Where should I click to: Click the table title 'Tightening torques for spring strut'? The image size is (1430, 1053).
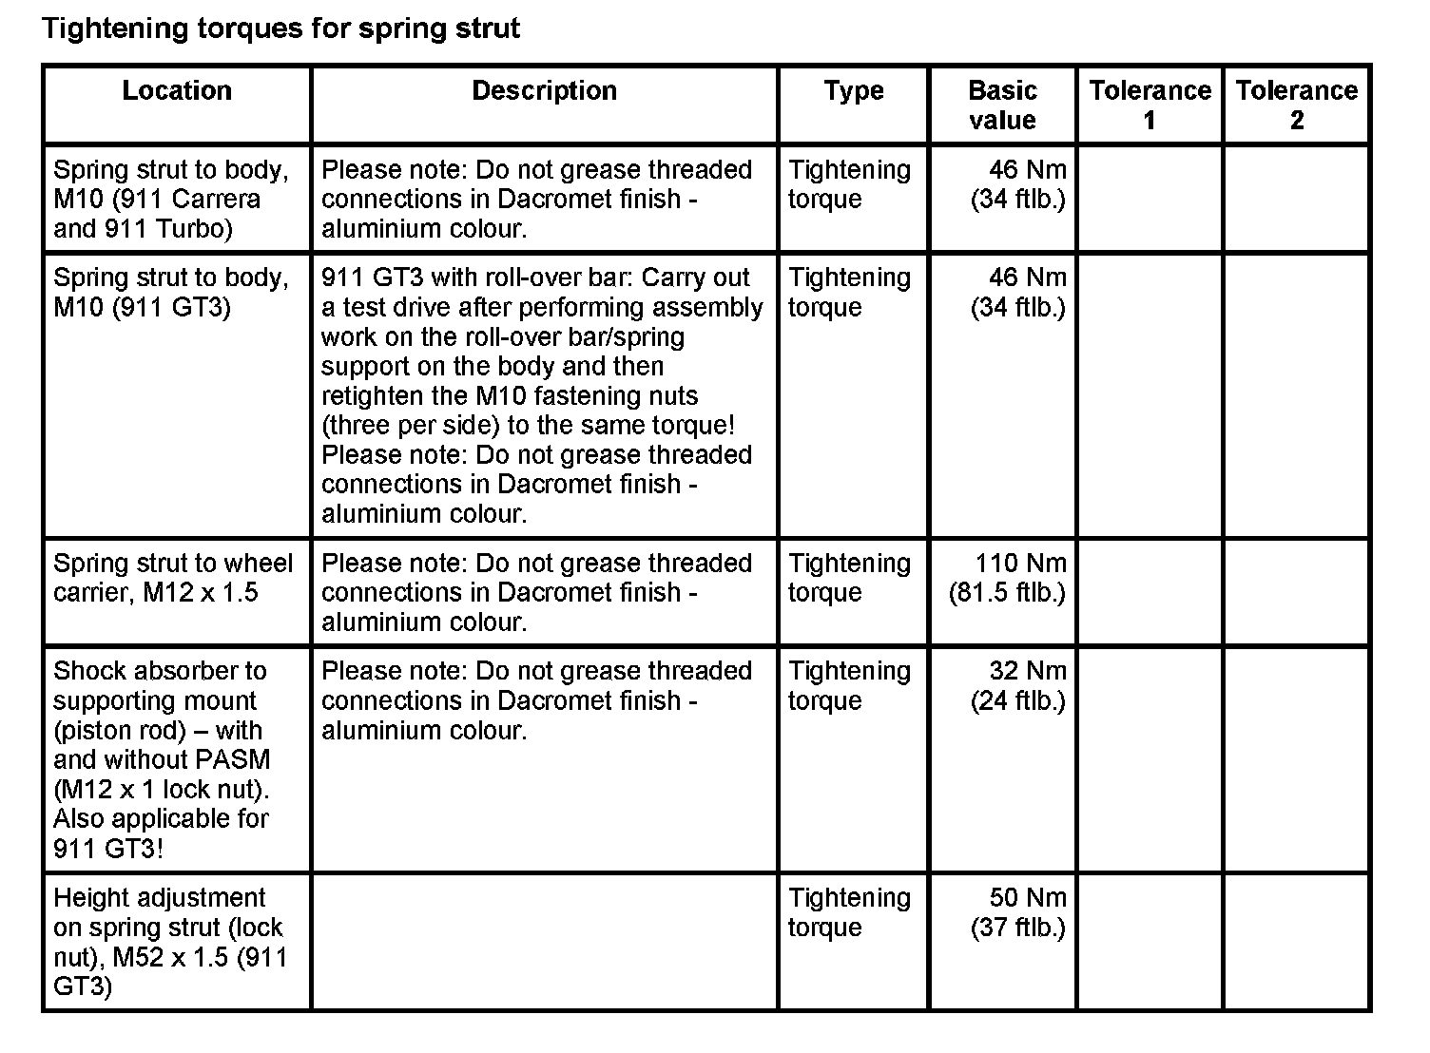(x=281, y=29)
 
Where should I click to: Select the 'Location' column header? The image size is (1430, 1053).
(x=177, y=91)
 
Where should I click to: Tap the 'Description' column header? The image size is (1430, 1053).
(x=544, y=91)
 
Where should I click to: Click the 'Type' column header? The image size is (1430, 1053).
(x=853, y=91)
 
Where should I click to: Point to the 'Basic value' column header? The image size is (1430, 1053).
(x=1002, y=105)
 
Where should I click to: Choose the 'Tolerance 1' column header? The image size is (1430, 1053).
(x=1150, y=105)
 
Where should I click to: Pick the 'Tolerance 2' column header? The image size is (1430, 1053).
(x=1297, y=105)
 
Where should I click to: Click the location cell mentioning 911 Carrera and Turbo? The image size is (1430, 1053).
(x=171, y=199)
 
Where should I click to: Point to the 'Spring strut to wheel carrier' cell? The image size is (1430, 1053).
(x=173, y=578)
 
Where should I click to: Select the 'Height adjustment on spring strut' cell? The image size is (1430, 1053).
(x=169, y=942)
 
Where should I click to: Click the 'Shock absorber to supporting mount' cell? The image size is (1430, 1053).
(x=162, y=759)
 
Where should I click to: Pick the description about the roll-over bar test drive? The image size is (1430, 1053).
(x=542, y=394)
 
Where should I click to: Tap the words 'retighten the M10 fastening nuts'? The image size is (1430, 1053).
(x=510, y=396)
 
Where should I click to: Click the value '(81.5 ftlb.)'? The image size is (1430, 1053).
(x=1007, y=593)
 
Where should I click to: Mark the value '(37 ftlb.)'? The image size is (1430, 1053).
(x=1017, y=928)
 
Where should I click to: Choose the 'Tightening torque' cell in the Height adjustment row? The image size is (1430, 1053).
(x=849, y=912)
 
